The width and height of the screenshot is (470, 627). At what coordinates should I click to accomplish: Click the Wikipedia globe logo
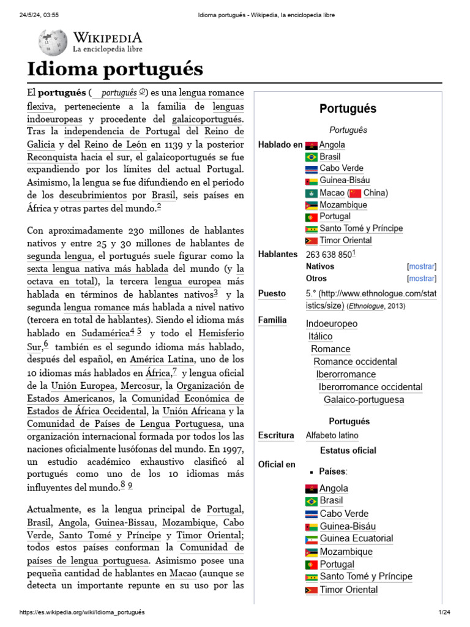tap(53, 42)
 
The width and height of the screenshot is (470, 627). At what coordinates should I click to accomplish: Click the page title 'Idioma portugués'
tap(114, 69)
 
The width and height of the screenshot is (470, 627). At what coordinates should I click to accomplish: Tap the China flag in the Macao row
tap(355, 193)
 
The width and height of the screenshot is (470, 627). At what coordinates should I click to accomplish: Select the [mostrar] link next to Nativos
tap(422, 266)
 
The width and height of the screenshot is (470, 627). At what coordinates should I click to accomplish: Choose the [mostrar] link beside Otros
tap(422, 279)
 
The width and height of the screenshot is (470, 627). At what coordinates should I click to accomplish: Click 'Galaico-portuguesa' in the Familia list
tap(364, 400)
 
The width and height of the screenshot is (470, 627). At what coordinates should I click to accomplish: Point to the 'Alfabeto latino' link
tap(332, 435)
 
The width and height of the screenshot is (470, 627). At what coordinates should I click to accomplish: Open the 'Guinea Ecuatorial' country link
tap(356, 539)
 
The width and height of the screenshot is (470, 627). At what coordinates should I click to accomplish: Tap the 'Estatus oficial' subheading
tap(348, 450)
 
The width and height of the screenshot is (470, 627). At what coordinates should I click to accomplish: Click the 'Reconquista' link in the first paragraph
tap(52, 157)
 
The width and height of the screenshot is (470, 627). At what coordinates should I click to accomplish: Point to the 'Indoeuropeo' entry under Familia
tap(332, 323)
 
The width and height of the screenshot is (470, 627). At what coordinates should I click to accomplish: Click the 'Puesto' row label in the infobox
tap(272, 293)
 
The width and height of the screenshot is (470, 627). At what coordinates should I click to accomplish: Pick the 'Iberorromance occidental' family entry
tap(370, 387)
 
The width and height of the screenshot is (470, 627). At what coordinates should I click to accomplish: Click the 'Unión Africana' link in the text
tap(194, 411)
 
